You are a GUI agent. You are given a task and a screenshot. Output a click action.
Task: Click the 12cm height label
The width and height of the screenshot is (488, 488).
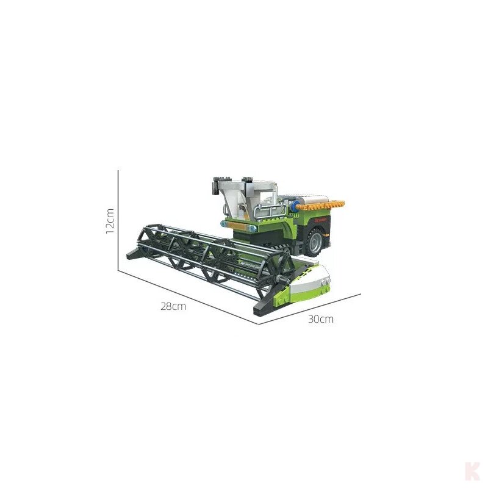[x=110, y=221]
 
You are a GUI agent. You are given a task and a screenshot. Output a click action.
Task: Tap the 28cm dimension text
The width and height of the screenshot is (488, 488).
[x=173, y=306]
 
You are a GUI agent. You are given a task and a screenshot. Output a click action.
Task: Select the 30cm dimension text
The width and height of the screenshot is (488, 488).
[x=321, y=319]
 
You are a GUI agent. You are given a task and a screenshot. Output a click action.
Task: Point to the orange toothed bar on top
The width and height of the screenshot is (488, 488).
[x=320, y=205]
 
